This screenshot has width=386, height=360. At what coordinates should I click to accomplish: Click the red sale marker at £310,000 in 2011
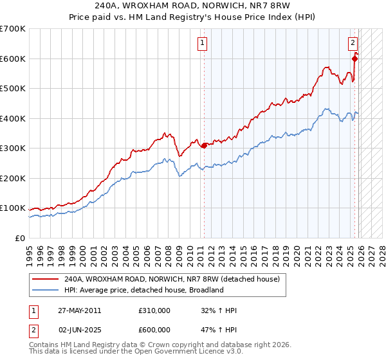tap(205, 145)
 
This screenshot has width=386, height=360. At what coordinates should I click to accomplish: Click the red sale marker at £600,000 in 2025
tap(354, 59)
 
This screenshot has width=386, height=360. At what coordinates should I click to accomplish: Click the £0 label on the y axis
tap(19, 238)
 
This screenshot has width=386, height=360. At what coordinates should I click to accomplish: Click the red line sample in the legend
tap(46, 280)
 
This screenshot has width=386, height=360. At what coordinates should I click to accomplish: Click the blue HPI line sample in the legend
tap(46, 291)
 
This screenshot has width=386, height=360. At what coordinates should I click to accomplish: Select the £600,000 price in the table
tap(154, 330)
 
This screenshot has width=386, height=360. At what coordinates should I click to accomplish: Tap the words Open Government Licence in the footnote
tap(186, 353)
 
